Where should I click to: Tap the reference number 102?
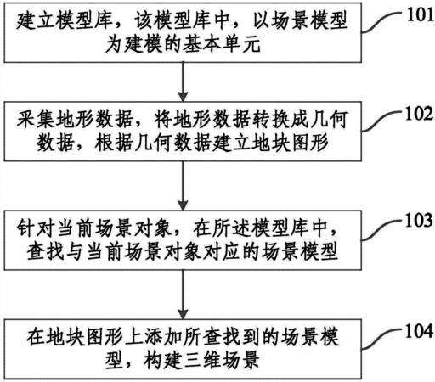coord(420,114)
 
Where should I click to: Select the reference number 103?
coord(420,220)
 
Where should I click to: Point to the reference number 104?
coord(420,331)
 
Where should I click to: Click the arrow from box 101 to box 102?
coord(183,81)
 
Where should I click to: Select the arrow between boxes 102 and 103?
coord(183,186)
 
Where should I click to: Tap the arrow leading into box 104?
coord(183,295)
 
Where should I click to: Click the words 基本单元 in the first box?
coord(222,44)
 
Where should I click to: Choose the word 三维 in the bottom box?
coord(201,360)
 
